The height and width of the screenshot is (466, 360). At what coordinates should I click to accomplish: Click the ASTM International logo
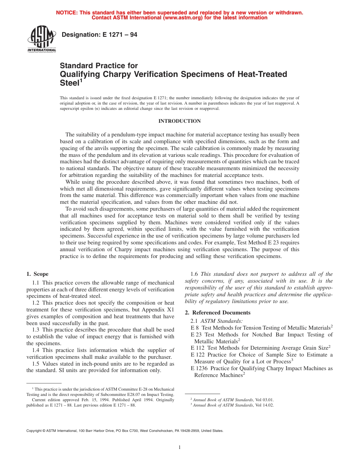(41, 39)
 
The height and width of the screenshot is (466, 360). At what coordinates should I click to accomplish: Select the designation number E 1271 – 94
(99, 35)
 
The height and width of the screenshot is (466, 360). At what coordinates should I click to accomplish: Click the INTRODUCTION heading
(179, 121)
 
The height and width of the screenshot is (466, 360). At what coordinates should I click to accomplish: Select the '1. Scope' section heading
(38, 274)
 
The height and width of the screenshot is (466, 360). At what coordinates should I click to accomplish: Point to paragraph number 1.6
(194, 274)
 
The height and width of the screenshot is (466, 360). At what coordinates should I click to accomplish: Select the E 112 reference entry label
(197, 348)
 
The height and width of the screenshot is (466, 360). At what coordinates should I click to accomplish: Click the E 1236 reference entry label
(199, 368)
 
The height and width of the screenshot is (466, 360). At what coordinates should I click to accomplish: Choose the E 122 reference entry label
(197, 355)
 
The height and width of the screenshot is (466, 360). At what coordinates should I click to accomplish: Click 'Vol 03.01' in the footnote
(264, 400)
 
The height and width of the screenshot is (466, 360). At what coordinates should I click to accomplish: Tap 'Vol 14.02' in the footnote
(264, 405)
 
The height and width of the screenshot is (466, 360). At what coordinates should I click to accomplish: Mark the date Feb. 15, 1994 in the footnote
(84, 400)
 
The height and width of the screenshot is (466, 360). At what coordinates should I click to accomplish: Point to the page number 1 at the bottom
(180, 447)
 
